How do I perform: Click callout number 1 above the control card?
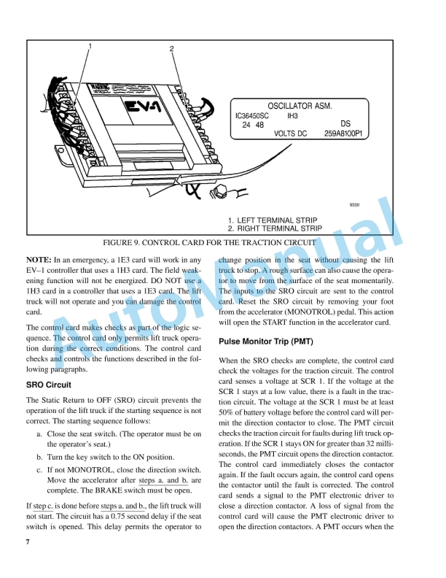tap(90, 46)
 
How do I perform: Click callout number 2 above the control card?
tap(172, 50)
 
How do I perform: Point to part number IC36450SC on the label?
tap(255, 116)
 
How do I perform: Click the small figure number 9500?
tap(355, 205)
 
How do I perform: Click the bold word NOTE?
tap(38, 260)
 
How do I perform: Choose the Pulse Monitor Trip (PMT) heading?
tap(266, 342)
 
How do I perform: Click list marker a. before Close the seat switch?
tap(39, 433)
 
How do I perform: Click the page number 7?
tap(28, 543)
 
